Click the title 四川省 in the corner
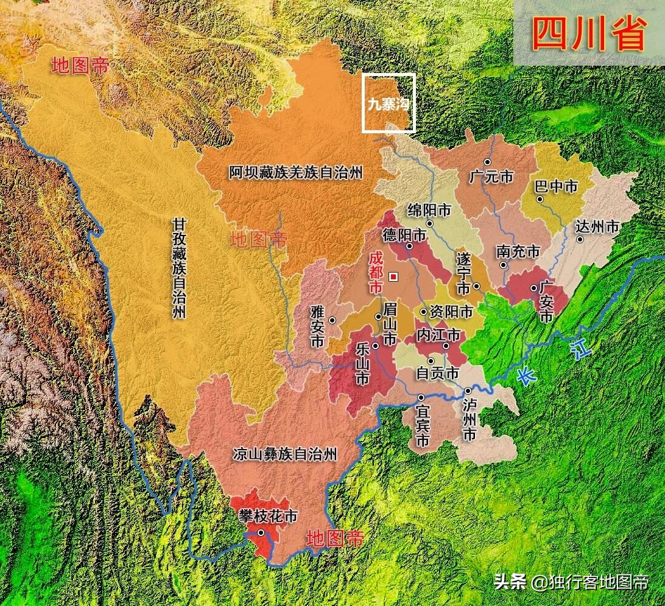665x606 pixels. (588, 33)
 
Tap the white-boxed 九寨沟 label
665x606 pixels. (389, 103)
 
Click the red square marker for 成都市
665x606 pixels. (393, 277)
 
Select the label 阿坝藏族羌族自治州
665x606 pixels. (296, 173)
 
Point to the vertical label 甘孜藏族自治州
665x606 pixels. (178, 268)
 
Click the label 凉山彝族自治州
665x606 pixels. (284, 454)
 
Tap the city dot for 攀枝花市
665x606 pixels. (261, 533)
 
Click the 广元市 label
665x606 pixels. (491, 177)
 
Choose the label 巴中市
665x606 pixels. (555, 186)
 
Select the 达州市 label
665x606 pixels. (597, 227)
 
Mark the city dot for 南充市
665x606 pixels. (504, 265)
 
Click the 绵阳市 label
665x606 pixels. (429, 211)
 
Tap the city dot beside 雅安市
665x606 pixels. (332, 320)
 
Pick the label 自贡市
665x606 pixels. (437, 373)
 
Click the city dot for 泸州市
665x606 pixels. (468, 391)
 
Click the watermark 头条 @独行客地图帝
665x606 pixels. (571, 582)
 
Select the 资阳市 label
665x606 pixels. (451, 312)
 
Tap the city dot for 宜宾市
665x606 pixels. (421, 397)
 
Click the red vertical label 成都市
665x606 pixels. (376, 274)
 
